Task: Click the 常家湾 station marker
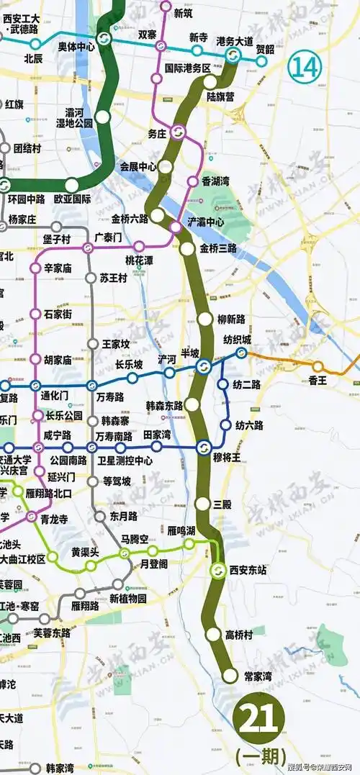[x=230, y=676]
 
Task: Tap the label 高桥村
[x=239, y=635]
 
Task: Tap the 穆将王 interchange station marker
[x=203, y=446]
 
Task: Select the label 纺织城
[x=236, y=339]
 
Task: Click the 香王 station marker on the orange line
[x=318, y=366]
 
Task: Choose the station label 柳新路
[x=231, y=318]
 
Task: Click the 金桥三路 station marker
[x=187, y=250]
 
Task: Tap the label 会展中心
[x=138, y=166]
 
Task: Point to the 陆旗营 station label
[x=220, y=95]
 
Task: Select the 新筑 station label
[x=184, y=12]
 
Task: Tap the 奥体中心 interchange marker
[x=104, y=38]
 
